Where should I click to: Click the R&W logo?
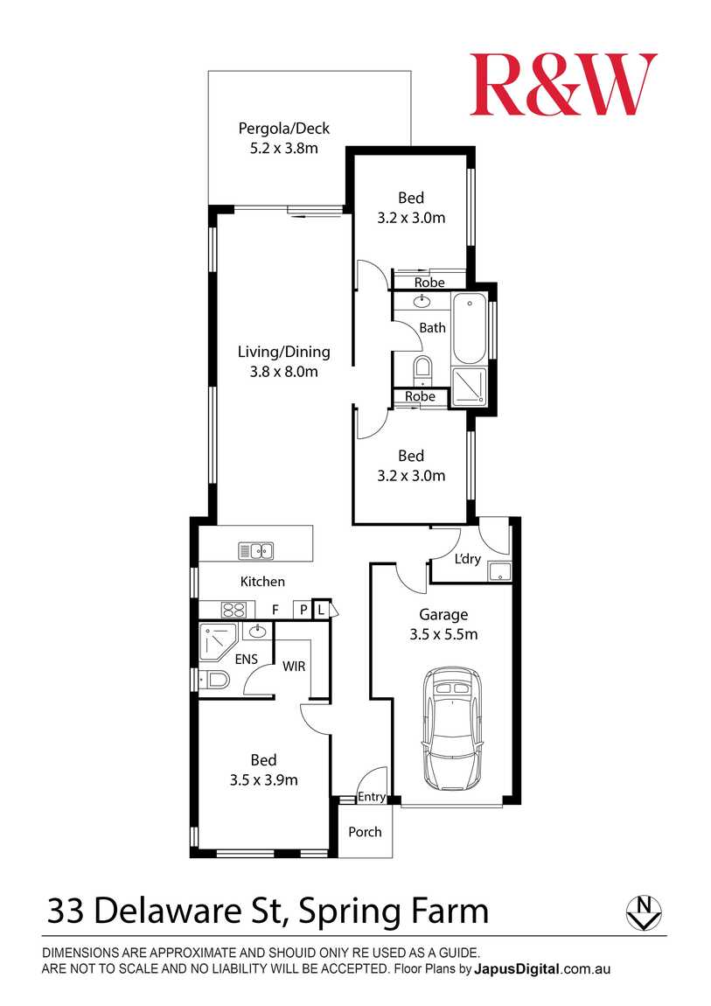(x=563, y=84)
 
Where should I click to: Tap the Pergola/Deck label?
(x=284, y=129)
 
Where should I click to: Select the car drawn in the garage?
(x=452, y=730)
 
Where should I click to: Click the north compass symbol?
(x=644, y=912)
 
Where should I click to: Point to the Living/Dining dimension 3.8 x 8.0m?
(x=284, y=372)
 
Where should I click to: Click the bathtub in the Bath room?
(x=470, y=329)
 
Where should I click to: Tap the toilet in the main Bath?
(x=422, y=370)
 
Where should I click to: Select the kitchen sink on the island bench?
(x=256, y=550)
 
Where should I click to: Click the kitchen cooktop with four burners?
(x=234, y=609)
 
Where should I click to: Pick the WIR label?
(x=294, y=667)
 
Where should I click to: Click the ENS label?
(x=247, y=659)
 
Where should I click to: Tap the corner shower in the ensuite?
(x=218, y=641)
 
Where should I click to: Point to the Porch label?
(x=365, y=832)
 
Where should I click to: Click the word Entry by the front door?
(x=371, y=797)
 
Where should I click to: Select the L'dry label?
(x=467, y=559)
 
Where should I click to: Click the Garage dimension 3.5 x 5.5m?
(x=443, y=634)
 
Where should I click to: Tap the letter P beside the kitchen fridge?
(x=303, y=610)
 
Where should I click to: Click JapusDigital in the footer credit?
(x=517, y=969)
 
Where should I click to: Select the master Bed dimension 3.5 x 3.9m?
(x=263, y=780)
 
